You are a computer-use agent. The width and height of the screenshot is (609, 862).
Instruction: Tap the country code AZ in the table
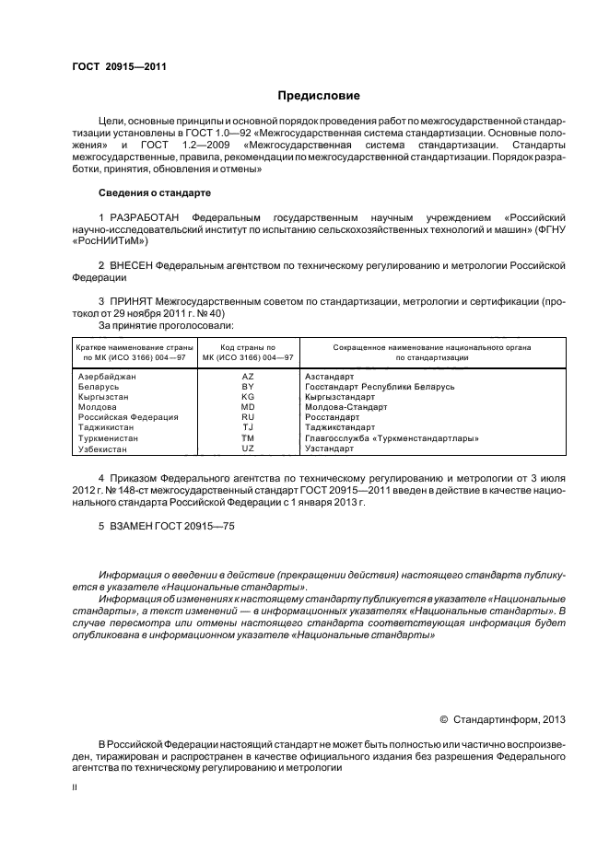tap(247, 378)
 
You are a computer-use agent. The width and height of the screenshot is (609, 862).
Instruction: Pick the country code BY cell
tap(247, 388)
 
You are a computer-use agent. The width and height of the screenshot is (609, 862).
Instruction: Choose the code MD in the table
tap(247, 407)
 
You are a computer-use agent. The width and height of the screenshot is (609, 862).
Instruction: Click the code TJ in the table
tap(247, 427)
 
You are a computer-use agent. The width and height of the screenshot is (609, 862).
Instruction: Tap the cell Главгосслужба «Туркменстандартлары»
tap(391, 438)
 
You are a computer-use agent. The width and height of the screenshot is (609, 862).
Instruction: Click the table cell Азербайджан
tap(106, 378)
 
